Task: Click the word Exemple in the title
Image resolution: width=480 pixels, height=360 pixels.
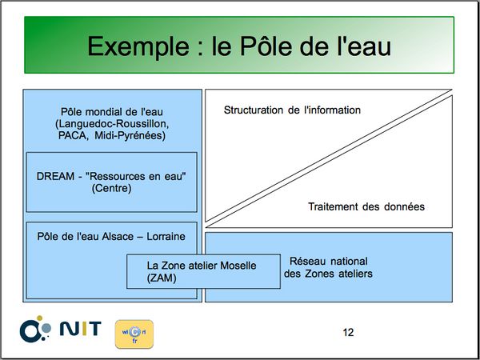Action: point(138,47)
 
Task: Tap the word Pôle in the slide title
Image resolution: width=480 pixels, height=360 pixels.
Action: point(267,46)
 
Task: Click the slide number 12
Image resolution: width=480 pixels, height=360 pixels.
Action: point(348,332)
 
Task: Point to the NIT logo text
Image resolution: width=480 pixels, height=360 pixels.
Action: point(80,329)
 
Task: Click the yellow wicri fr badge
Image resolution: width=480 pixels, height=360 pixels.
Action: point(134,334)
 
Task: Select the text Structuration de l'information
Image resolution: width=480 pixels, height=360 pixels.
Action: point(292,110)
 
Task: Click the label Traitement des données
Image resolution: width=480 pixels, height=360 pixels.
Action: point(366,206)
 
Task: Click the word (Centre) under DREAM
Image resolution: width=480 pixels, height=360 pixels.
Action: point(111,188)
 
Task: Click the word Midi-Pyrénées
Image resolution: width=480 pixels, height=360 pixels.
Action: point(130,136)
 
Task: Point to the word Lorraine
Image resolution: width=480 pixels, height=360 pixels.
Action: point(166,237)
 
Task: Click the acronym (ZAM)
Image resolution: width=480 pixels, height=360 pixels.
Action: point(162,278)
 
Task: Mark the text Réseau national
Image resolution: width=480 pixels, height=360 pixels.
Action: point(329,262)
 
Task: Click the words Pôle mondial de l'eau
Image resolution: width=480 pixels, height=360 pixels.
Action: point(112,112)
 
